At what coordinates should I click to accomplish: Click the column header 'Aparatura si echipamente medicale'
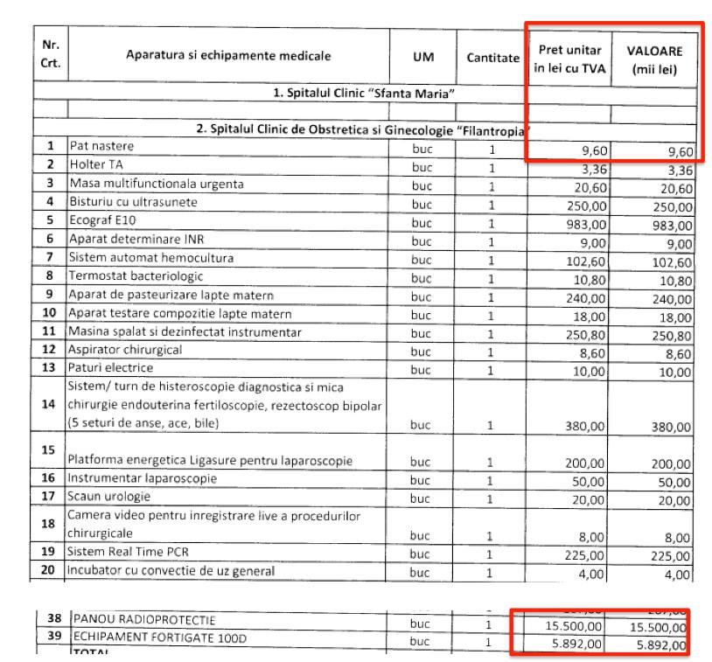point(228,56)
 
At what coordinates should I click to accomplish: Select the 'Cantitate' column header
point(492,56)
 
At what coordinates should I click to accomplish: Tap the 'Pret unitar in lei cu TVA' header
point(569,58)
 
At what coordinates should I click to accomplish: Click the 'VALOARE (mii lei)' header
point(654,58)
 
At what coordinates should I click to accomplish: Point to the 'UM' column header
point(422,56)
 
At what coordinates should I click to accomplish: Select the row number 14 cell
point(50,405)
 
